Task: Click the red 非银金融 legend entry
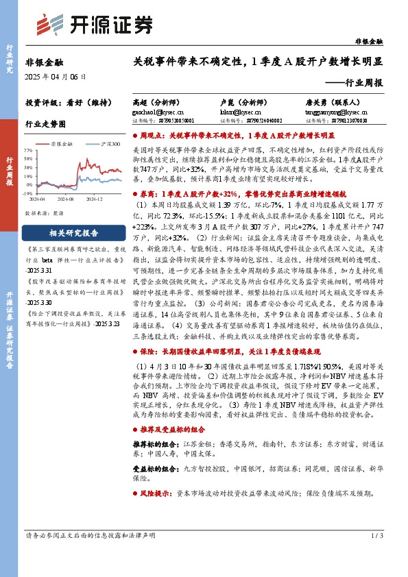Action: tap(64, 144)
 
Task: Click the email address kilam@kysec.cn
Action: tap(230, 110)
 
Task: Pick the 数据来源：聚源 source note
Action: tap(44, 213)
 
